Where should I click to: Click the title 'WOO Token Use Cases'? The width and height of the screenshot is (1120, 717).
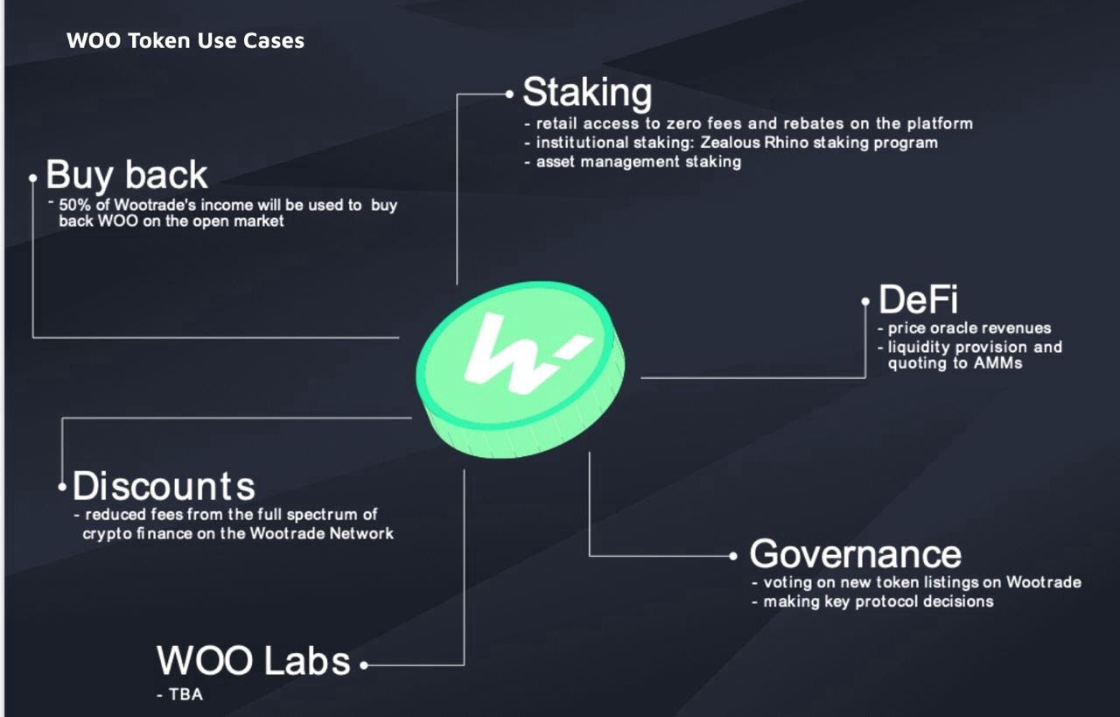[x=185, y=40]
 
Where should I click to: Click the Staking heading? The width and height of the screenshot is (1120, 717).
[x=587, y=93]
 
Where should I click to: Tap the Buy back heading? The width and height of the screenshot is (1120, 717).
[x=127, y=176]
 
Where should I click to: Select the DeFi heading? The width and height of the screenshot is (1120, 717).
[x=919, y=299]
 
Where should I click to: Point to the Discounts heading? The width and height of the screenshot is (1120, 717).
[x=164, y=486]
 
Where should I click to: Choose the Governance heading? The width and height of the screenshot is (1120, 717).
[x=856, y=554]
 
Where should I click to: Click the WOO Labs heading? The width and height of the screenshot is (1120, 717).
[x=254, y=660]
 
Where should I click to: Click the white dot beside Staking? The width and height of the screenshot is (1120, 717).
[x=509, y=94]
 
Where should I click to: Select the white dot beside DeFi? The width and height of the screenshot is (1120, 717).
[x=865, y=301]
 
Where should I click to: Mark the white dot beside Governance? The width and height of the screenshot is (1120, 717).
[x=733, y=556]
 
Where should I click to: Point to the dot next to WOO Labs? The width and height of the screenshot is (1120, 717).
[x=364, y=665]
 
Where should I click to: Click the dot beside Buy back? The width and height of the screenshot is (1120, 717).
[x=33, y=178]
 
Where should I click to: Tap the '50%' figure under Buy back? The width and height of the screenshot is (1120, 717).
[x=75, y=205]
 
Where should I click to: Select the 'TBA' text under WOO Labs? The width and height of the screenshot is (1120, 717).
[x=186, y=694]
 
